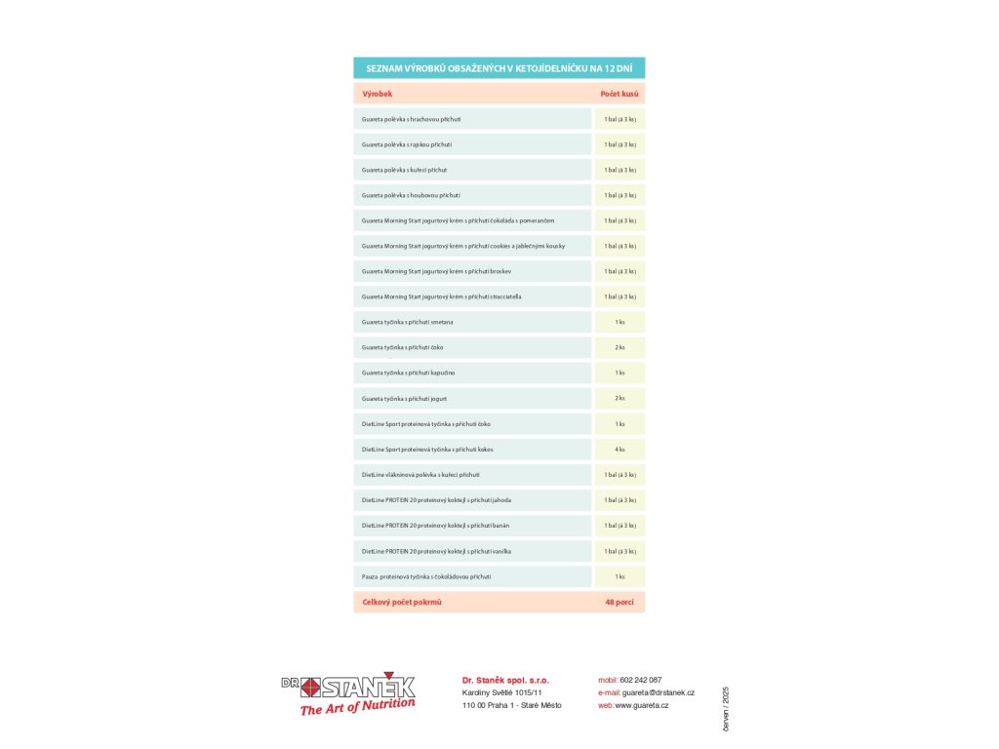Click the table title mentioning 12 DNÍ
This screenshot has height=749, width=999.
(499, 68)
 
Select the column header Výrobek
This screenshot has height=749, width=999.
(377, 94)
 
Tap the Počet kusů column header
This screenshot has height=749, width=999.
(619, 94)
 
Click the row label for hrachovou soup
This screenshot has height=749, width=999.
(411, 119)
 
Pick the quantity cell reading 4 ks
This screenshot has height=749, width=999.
(619, 450)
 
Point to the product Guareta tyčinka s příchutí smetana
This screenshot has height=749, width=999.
(407, 322)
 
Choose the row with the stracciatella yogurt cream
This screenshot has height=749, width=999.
(441, 296)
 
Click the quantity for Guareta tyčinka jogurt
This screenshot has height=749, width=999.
(619, 399)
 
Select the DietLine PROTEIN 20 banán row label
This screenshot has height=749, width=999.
(435, 526)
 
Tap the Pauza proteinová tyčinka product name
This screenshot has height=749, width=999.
(426, 576)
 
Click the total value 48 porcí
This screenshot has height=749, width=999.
(619, 603)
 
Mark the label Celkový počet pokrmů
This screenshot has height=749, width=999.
(402, 603)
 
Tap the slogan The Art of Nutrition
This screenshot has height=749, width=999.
(357, 707)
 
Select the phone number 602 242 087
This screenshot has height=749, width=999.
(641, 680)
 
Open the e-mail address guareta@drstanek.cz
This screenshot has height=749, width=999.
(659, 692)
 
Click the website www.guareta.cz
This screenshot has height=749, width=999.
(641, 705)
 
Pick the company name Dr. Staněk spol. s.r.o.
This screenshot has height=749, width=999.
(505, 680)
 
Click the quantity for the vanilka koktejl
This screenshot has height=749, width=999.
(619, 551)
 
